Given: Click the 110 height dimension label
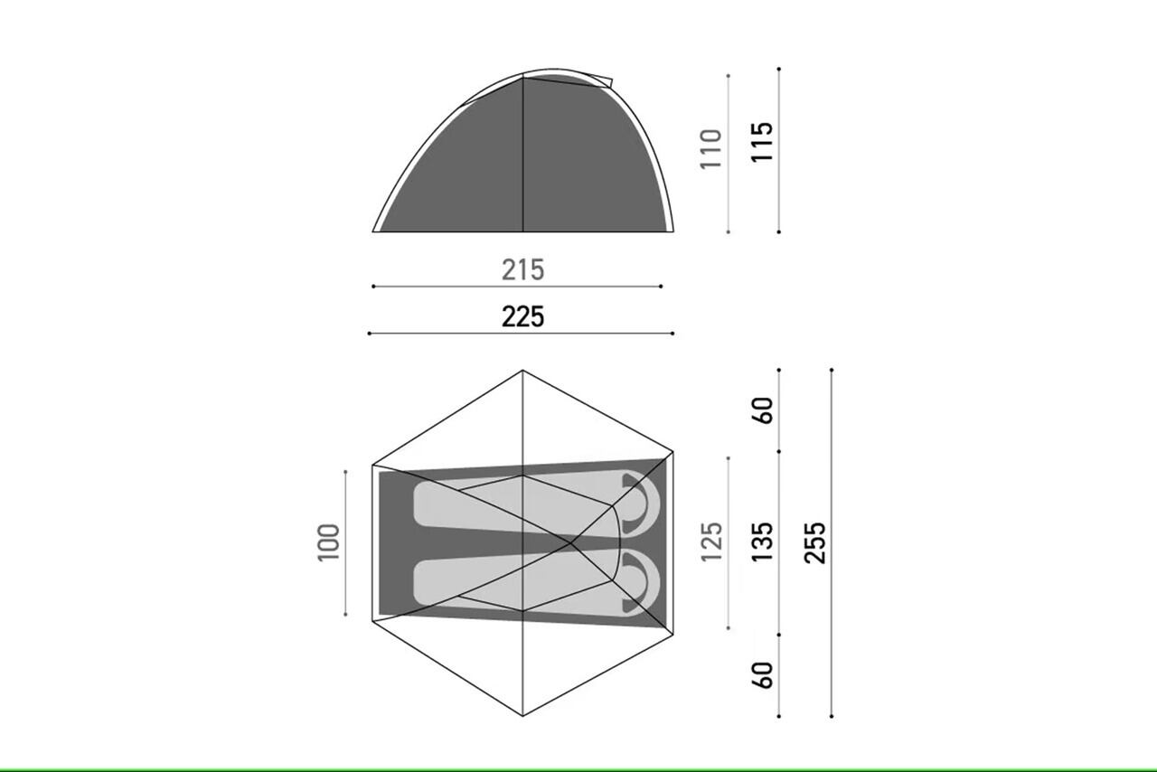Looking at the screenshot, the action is click(710, 149).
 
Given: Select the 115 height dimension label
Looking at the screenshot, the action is click(762, 142).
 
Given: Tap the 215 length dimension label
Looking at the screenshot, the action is click(522, 269).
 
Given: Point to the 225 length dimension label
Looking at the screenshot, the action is click(522, 316).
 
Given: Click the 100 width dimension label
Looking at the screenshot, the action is click(328, 542).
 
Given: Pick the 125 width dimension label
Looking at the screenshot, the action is click(711, 542).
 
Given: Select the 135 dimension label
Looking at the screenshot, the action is click(762, 542).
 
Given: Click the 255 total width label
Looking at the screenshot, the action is click(815, 542).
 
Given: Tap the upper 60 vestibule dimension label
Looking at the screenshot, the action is click(762, 410).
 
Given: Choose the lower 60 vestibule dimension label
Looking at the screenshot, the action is click(762, 675).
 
